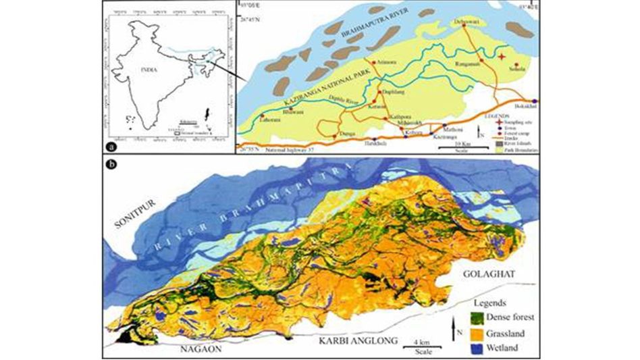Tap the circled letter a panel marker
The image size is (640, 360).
pyautogui.click(x=110, y=147)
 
